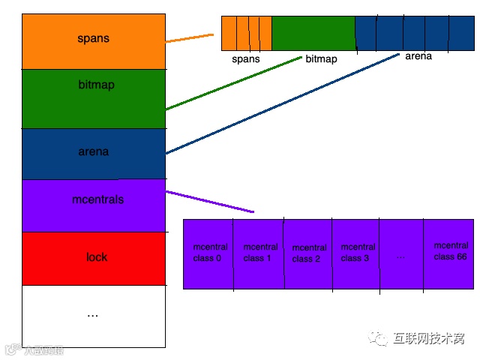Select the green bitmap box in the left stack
[93, 98]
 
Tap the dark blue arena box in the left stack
[93, 153]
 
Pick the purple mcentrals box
[93, 205]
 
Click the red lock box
[93, 258]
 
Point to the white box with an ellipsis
[93, 316]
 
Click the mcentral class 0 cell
[208, 253]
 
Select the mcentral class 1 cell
[259, 253]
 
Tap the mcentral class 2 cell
[307, 253]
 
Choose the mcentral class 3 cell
[355, 253]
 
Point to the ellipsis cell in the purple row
[400, 255]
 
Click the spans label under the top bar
[246, 58]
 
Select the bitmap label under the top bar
[321, 58]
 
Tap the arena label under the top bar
[418, 56]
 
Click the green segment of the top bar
[313, 33]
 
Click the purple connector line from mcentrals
[210, 202]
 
